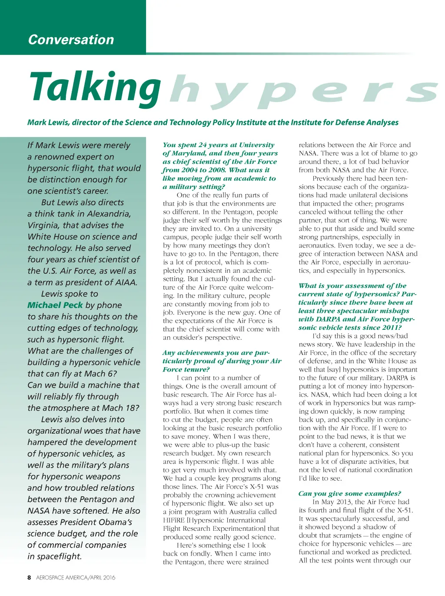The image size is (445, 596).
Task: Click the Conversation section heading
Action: (x=71, y=40)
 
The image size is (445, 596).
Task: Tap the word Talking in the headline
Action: (x=95, y=87)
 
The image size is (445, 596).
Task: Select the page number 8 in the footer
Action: (x=29, y=578)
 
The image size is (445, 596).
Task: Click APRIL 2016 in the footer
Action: (x=103, y=578)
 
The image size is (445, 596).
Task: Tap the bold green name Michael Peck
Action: (x=55, y=305)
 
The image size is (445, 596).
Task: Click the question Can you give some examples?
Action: (x=349, y=493)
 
